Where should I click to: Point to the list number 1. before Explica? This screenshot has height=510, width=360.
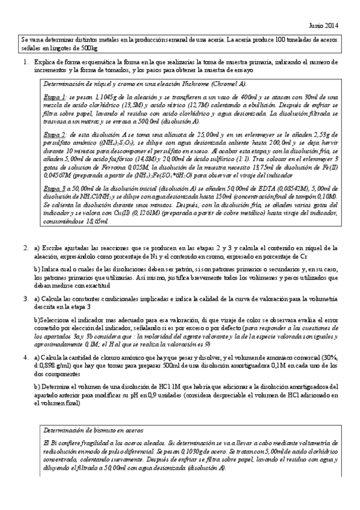(25, 62)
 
